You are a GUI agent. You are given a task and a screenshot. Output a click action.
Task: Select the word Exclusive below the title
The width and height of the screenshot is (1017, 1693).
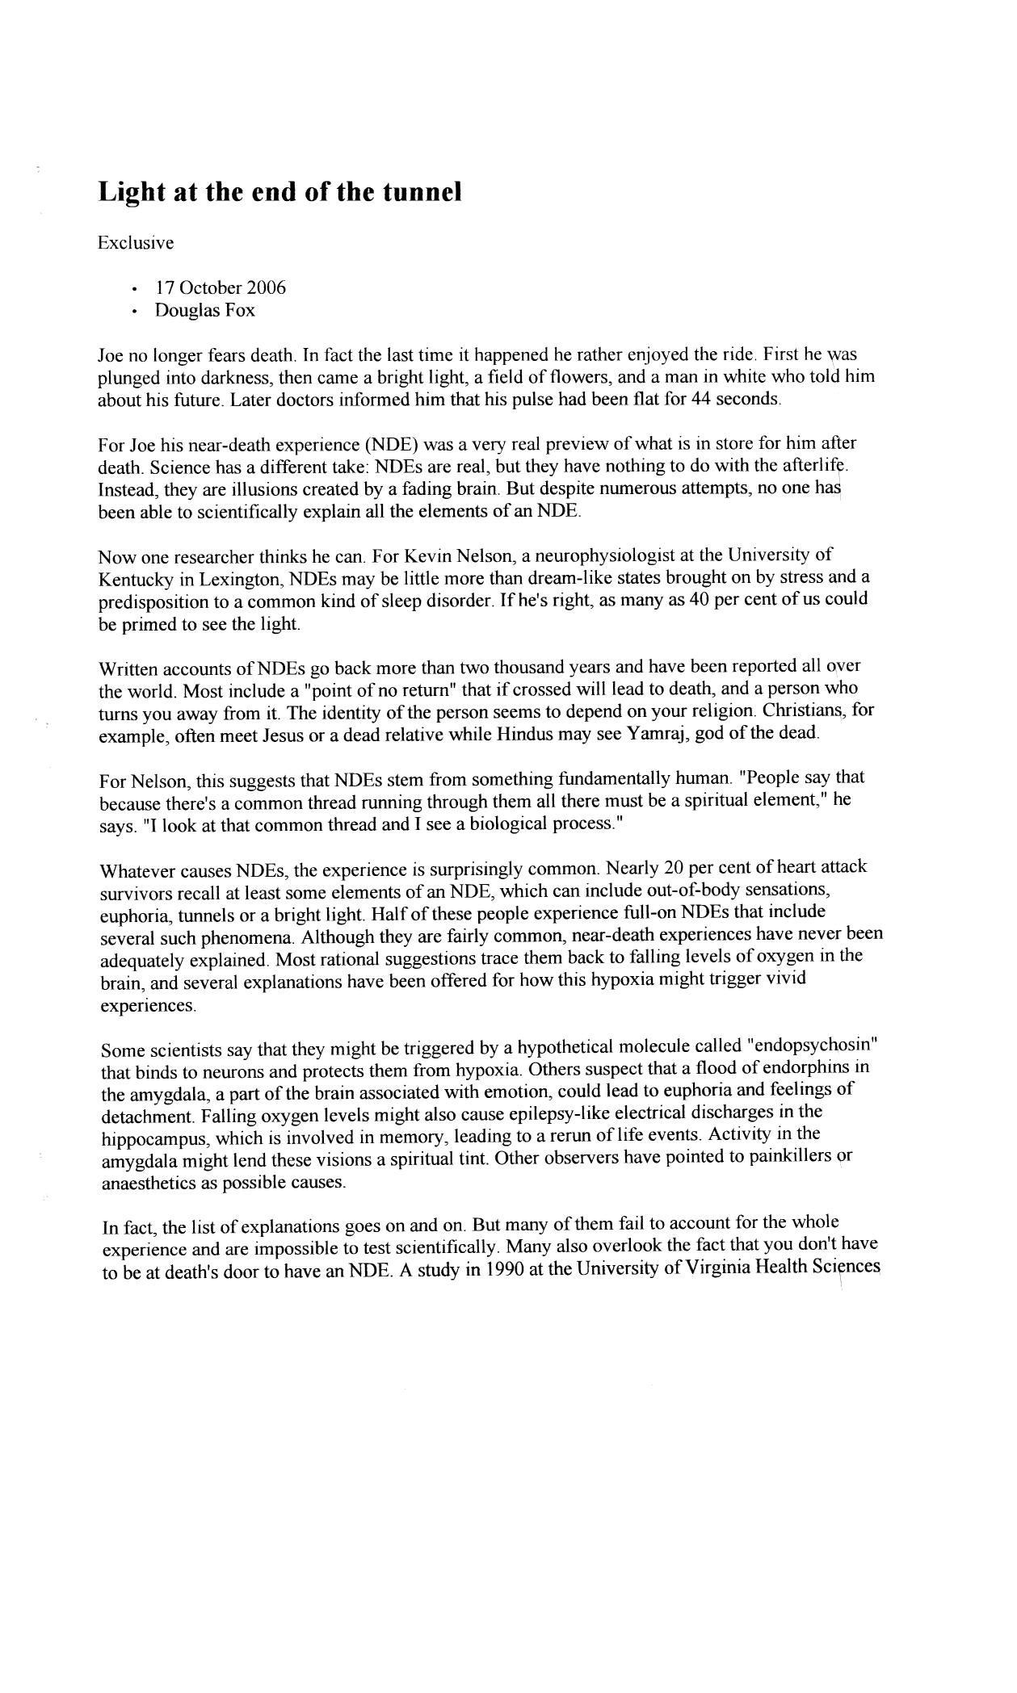point(136,242)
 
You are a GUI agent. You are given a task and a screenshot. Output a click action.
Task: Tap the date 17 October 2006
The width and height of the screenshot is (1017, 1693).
point(221,288)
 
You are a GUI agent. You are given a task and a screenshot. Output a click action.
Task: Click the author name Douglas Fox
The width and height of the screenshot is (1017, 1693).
point(205,311)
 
